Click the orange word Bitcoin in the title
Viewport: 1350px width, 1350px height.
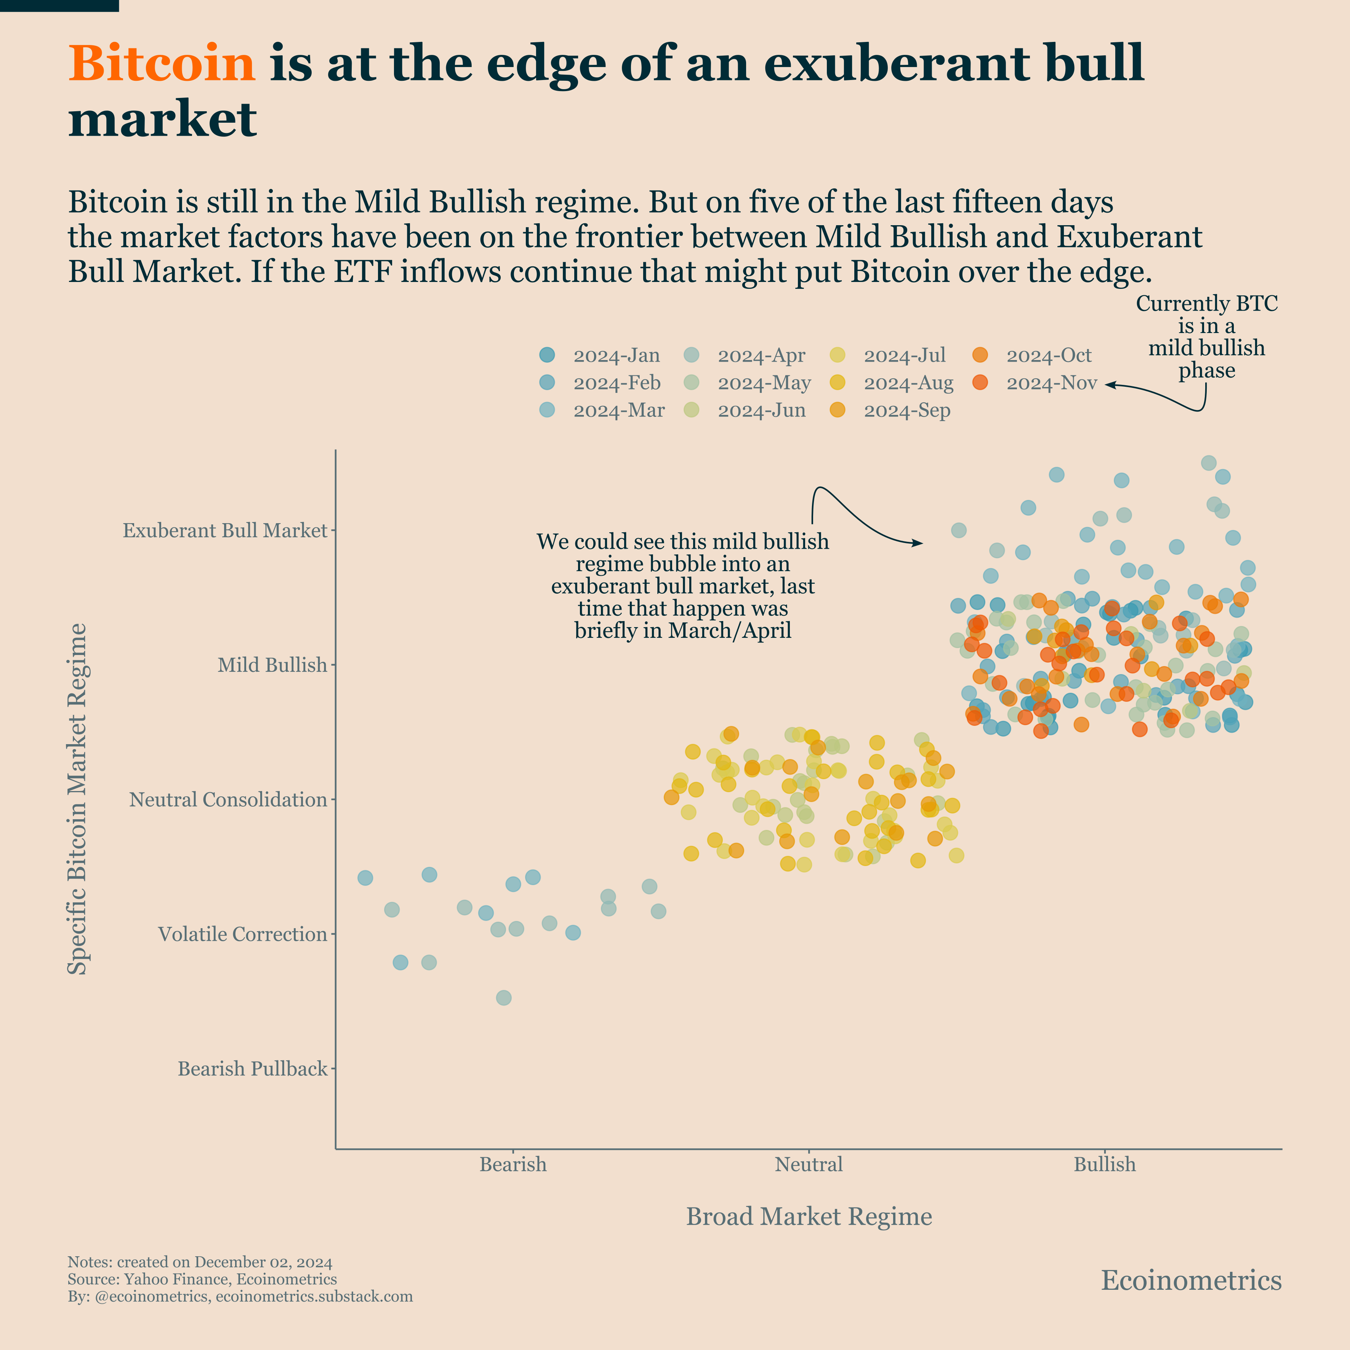point(162,64)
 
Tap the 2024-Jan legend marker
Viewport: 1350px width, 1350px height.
point(547,355)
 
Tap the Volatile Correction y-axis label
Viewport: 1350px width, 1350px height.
point(242,934)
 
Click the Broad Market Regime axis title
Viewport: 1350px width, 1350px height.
point(809,1217)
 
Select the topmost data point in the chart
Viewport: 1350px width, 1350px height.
point(1208,463)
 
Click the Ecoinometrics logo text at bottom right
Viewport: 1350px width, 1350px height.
point(1191,1281)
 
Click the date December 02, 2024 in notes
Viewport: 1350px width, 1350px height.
point(263,1262)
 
